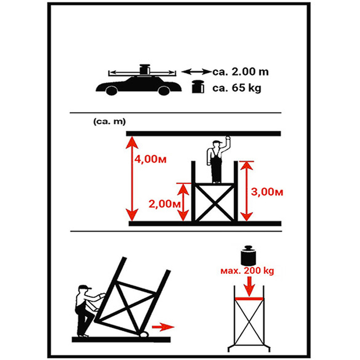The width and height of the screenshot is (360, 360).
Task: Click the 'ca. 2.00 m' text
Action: [x=240, y=72]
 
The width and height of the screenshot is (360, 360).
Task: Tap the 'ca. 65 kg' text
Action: [x=236, y=88]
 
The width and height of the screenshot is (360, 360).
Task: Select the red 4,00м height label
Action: [x=150, y=159]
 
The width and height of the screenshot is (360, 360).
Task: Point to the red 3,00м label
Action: [x=267, y=192]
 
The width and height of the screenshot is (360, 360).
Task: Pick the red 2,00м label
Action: [x=164, y=204]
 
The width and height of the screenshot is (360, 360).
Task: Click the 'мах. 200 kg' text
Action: [x=247, y=271]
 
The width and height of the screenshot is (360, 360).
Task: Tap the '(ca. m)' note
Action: [x=110, y=121]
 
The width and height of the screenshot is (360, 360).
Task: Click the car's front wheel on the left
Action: [x=112, y=91]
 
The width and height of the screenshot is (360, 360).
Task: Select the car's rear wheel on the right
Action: [x=164, y=91]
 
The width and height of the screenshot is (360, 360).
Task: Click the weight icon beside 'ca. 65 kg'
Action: [x=198, y=87]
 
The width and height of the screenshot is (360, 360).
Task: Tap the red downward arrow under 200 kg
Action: [x=249, y=286]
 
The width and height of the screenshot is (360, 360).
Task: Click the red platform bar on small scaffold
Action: [x=249, y=299]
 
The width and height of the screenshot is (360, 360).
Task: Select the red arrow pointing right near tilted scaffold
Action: [x=163, y=327]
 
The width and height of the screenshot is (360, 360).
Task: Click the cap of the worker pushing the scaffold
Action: [x=84, y=287]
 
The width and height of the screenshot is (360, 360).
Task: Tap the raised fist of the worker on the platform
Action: [x=228, y=139]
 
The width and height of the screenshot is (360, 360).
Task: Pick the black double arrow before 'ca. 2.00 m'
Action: [x=196, y=72]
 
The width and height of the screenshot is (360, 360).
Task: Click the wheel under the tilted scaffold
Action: [x=144, y=334]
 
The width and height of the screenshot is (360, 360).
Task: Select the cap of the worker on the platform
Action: [x=217, y=142]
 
